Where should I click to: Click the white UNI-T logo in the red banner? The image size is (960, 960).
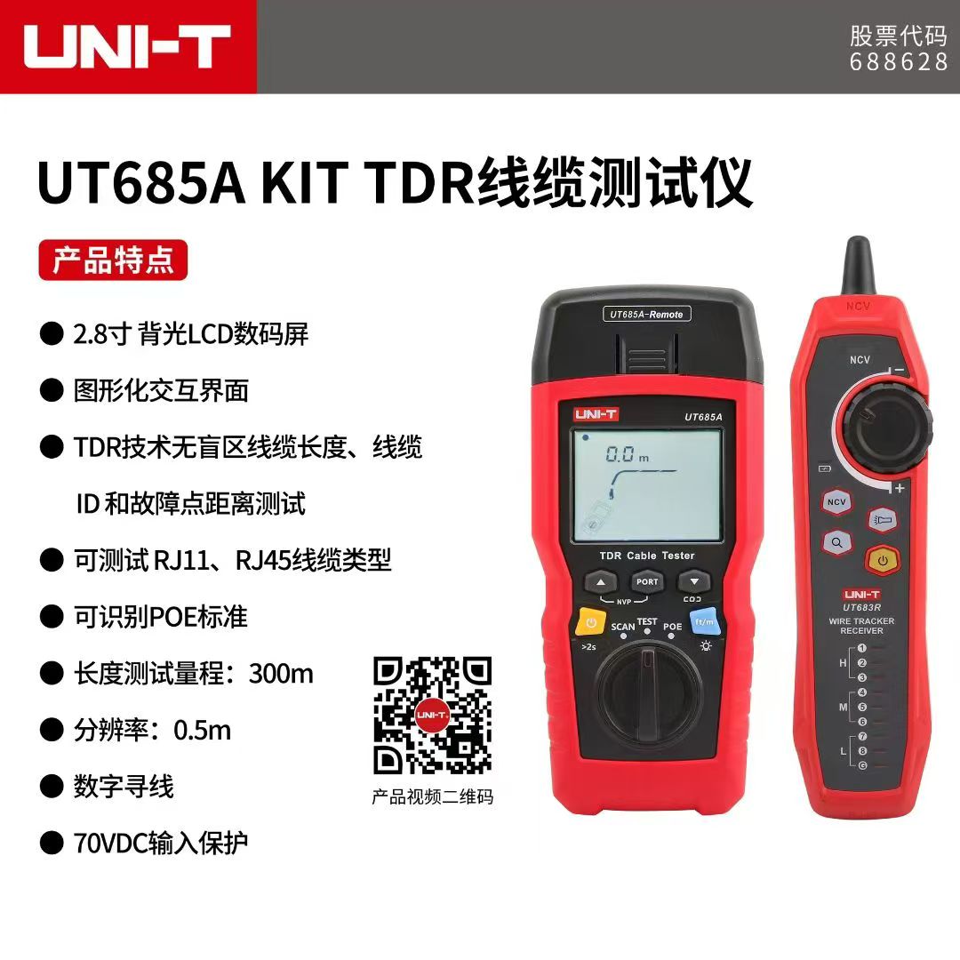(127, 46)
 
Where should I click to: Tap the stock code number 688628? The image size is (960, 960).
(898, 61)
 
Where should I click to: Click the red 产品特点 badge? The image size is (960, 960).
(113, 260)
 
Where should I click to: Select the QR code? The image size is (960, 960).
(433, 716)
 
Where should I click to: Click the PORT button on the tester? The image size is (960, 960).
(647, 581)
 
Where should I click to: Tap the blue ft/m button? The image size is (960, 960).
(704, 622)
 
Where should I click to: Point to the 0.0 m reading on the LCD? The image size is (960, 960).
(627, 454)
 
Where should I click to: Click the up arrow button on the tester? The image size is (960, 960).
(601, 581)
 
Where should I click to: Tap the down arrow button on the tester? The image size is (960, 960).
(693, 581)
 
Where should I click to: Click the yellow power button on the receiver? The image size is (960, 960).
(883, 560)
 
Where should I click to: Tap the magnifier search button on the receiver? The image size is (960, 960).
(837, 542)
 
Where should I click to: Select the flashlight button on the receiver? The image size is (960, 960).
(883, 520)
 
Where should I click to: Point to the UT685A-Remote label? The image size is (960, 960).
(646, 314)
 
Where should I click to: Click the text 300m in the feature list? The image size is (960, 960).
(281, 674)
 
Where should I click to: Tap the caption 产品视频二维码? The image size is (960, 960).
(433, 796)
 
